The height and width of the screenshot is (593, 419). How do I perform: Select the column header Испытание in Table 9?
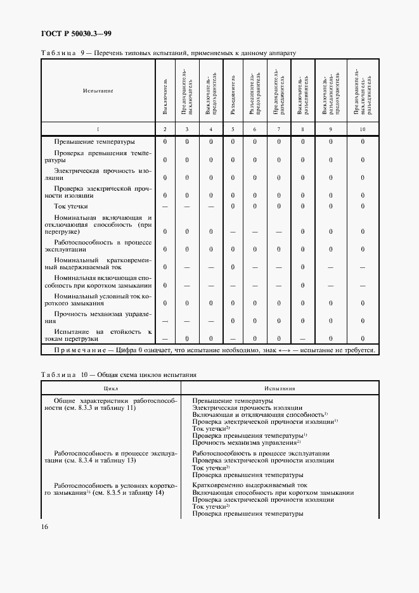click(x=98, y=91)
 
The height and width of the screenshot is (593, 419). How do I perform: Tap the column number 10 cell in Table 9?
click(x=363, y=129)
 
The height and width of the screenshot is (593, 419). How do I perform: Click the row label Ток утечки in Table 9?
click(x=71, y=206)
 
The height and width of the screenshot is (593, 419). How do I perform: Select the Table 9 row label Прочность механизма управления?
click(x=103, y=317)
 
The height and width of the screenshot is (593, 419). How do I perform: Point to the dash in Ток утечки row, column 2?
click(x=165, y=207)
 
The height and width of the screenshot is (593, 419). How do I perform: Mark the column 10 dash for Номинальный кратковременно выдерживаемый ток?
click(x=363, y=267)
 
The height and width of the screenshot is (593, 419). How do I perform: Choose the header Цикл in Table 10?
click(x=112, y=389)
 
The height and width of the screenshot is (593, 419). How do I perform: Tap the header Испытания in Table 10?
click(x=280, y=389)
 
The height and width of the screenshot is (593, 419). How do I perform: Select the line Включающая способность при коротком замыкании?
click(x=273, y=492)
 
